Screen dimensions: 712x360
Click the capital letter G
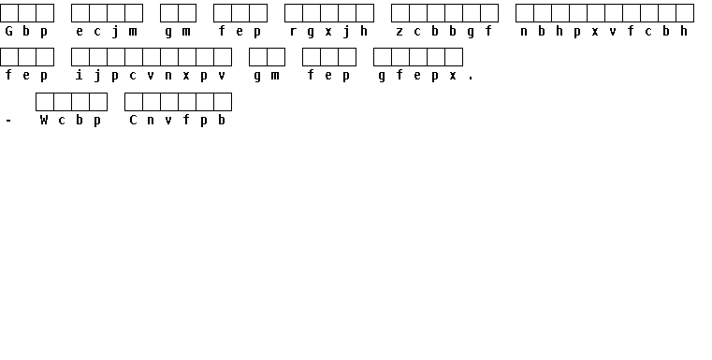8,31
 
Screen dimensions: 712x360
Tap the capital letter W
44,120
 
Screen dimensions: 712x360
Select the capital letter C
133,120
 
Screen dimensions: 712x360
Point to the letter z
400,32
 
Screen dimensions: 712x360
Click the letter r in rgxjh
293,32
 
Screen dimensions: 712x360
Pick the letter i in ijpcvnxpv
80,75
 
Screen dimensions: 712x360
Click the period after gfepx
471,79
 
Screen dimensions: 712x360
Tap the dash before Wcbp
8,121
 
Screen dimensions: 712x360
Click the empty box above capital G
9,13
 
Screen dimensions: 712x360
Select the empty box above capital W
45,102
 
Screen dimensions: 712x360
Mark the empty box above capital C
134,102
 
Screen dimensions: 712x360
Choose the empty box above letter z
400,13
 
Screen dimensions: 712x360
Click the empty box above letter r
294,13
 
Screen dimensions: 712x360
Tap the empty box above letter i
80,57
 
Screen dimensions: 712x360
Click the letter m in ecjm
133,32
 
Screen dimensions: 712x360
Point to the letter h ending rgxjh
364,31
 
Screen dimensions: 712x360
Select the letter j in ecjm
115,32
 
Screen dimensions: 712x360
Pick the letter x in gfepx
453,76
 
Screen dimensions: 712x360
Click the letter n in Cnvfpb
151,121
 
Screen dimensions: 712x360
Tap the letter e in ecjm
80,32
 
